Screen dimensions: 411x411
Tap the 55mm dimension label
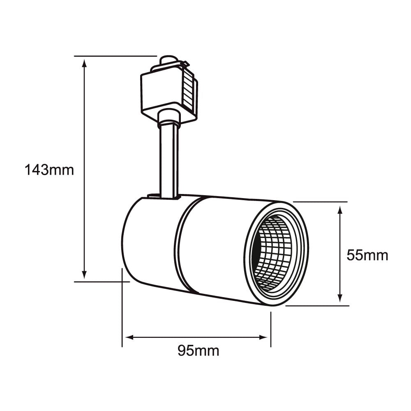point(367,255)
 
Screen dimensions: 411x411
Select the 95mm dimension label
point(198,351)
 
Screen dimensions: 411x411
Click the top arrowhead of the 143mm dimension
point(84,62)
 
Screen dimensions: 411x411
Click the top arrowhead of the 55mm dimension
point(340,210)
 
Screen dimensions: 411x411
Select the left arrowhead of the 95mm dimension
point(129,337)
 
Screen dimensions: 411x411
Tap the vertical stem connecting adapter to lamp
point(169,160)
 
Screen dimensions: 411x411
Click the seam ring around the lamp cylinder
point(178,245)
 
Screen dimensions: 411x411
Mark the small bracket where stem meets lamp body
point(154,196)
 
